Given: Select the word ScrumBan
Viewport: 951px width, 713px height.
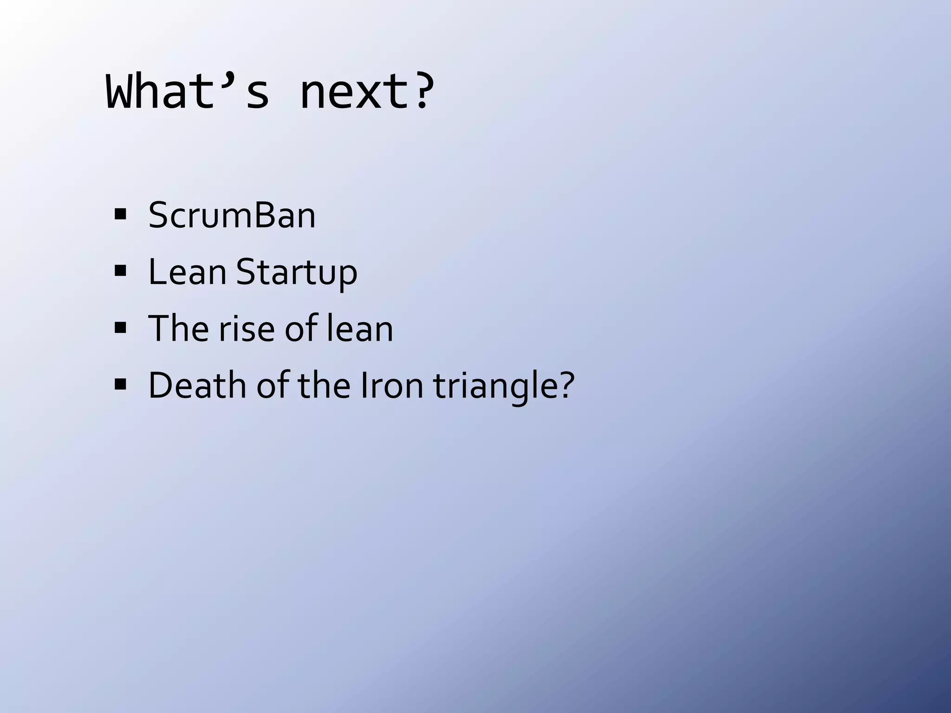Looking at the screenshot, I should (232, 215).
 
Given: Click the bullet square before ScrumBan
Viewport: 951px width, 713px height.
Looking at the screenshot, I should (120, 215).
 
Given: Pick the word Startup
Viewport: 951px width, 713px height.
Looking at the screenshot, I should (297, 272).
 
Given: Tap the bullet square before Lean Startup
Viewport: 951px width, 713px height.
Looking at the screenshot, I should (120, 272).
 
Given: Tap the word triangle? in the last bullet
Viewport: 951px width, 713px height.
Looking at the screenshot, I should (504, 386).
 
